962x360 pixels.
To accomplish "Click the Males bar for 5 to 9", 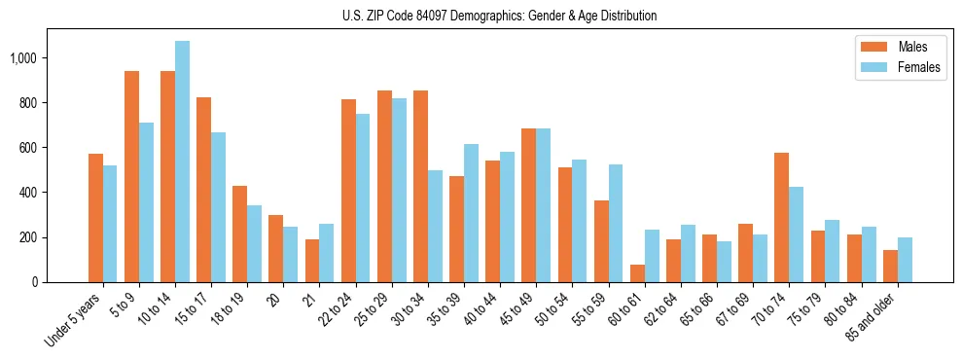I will point(131,176).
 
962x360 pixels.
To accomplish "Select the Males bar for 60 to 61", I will point(637,273).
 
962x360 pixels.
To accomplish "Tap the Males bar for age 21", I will point(312,261).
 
